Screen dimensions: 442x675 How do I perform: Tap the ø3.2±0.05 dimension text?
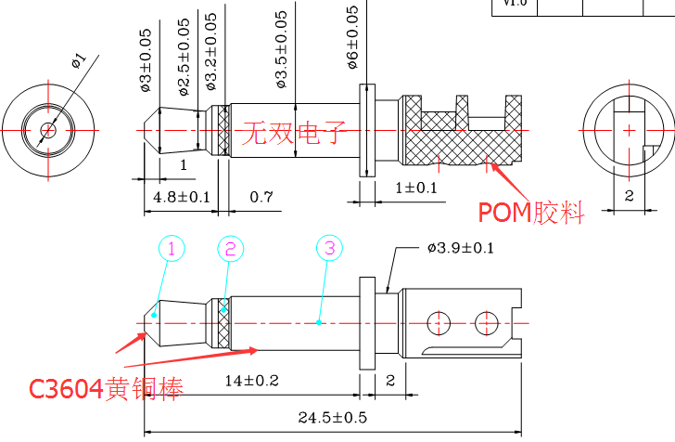210,51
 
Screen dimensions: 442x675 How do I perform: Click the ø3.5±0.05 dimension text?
282,52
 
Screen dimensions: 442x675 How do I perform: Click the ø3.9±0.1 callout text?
461,248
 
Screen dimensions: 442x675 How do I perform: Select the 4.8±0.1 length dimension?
182,197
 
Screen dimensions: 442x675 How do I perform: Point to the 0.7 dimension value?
261,197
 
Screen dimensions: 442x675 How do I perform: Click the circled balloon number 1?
172,248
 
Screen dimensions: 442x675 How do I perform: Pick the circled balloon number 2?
232,248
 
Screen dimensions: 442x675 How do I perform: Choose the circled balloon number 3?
330,248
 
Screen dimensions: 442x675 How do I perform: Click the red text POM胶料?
531,213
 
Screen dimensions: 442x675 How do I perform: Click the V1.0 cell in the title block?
514,4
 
